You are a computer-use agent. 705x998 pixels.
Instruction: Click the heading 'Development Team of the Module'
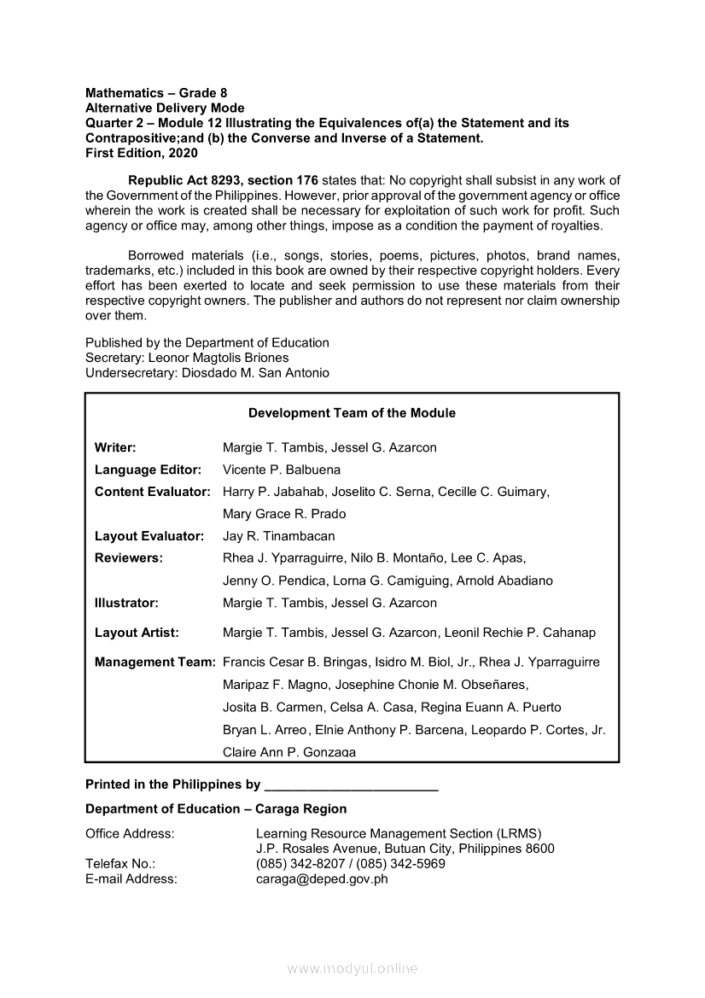pos(352,413)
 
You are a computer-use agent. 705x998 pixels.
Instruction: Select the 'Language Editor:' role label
pos(148,470)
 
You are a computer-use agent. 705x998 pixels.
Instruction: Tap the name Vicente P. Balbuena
pos(281,470)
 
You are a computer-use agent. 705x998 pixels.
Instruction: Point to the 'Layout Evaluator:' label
pos(149,536)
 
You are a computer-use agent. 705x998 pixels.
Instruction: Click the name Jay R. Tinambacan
pos(278,536)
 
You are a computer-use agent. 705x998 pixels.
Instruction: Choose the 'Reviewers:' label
pos(128,558)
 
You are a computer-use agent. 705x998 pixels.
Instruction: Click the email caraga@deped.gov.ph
pos(322,878)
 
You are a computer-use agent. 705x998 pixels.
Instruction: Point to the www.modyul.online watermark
pos(352,968)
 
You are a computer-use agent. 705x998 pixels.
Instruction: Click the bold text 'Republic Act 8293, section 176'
pos(223,180)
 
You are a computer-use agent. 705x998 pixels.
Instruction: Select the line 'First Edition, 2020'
pos(142,153)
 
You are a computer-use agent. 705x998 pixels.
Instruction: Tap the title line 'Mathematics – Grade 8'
pos(156,92)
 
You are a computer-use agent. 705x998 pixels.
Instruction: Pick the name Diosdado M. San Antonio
pos(255,373)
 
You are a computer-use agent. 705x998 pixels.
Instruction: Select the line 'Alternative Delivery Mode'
pos(165,108)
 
